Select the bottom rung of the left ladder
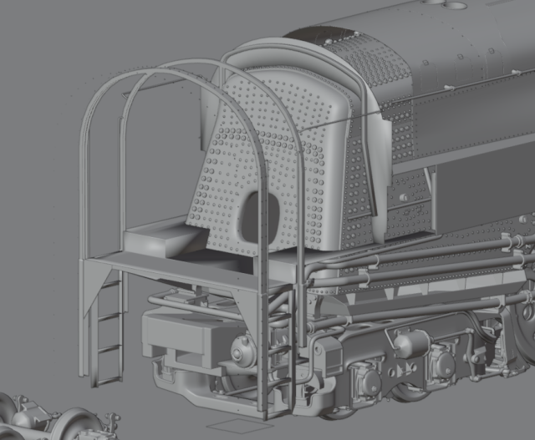[108, 379]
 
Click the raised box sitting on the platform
[162, 238]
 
